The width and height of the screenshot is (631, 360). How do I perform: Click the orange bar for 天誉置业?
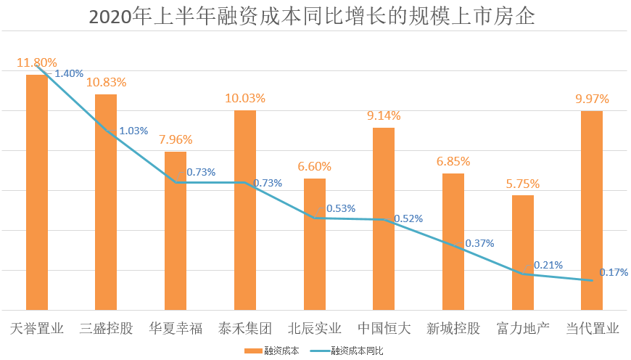(37, 192)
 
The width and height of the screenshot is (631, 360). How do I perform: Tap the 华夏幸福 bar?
(176, 231)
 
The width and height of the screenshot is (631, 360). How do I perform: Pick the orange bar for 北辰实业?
(314, 244)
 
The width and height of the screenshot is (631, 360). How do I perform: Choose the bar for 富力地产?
(523, 253)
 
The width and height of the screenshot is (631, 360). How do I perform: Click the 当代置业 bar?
(592, 210)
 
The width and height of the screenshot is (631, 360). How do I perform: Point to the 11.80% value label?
(37, 63)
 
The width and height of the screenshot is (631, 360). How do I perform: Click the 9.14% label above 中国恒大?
(384, 116)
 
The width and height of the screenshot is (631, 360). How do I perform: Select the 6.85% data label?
(453, 161)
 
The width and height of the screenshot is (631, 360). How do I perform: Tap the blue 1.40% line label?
(69, 73)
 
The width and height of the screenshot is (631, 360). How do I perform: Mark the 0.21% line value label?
(548, 266)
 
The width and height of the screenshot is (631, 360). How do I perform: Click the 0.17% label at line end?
(614, 272)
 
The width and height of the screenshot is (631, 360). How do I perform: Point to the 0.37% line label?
(479, 244)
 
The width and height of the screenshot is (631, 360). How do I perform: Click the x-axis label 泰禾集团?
(245, 328)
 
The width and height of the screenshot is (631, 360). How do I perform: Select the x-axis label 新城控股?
(453, 328)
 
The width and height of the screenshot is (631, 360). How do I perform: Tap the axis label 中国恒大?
(384, 328)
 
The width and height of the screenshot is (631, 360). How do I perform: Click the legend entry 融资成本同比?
(356, 351)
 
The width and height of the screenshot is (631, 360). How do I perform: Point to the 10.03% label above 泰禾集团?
(245, 98)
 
